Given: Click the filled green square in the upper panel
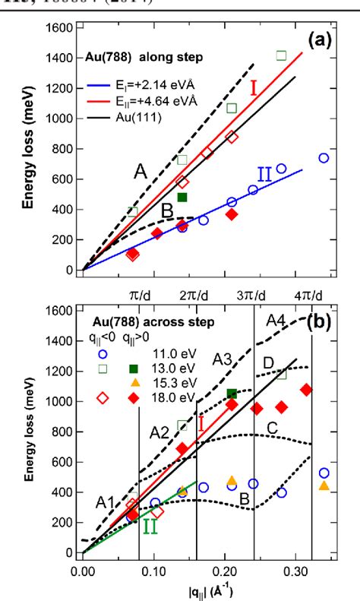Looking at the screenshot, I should [182, 198].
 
